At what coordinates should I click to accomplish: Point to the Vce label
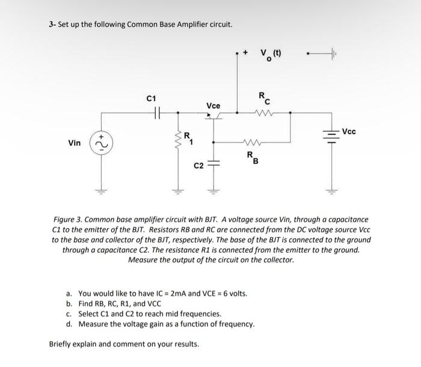[213, 106]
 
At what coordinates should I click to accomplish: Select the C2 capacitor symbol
[212, 163]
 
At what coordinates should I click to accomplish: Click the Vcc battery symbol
[330, 133]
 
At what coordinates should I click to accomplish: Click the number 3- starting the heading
[52, 25]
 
